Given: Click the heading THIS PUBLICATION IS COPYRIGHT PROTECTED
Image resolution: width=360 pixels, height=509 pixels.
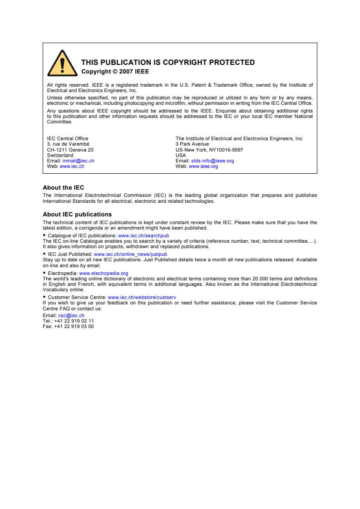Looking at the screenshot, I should [x=168, y=63].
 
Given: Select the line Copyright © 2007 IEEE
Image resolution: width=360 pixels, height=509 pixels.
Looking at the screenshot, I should [x=115, y=71].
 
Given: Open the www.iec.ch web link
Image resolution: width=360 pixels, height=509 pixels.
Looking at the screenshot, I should [x=72, y=166].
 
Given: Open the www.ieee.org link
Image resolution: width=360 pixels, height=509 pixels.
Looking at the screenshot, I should [x=203, y=166].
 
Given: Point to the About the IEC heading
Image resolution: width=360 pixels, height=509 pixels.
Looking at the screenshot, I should [x=63, y=187].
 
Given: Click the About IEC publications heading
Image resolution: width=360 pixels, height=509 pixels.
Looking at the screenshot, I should [x=77, y=214].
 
